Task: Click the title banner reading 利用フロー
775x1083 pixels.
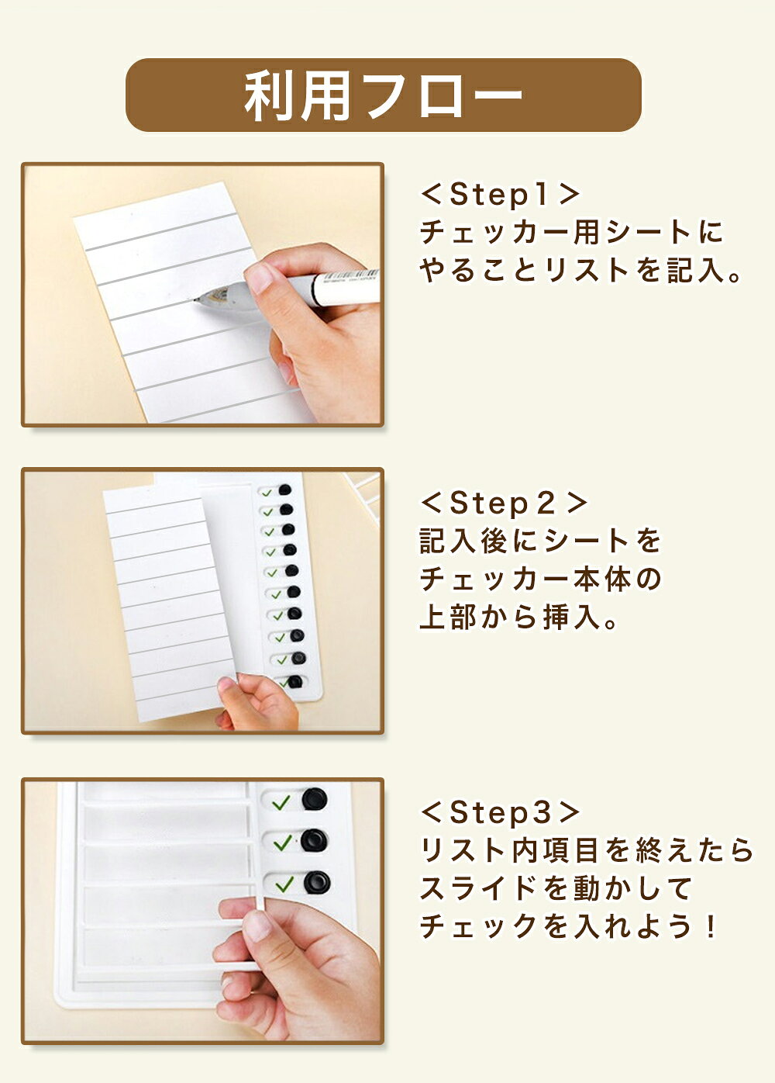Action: click(384, 95)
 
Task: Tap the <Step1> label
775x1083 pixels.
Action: click(500, 195)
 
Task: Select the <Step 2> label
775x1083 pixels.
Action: click(504, 503)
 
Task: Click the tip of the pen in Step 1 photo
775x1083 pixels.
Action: click(195, 299)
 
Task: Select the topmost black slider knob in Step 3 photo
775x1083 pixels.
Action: click(315, 798)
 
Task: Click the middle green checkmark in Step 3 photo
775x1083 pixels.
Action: click(282, 843)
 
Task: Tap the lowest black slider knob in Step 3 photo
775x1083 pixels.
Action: click(317, 882)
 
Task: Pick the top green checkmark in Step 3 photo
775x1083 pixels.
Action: click(281, 803)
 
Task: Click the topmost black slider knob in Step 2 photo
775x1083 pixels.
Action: click(285, 490)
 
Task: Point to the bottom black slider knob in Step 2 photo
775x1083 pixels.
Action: click(295, 682)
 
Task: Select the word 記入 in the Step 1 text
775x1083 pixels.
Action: click(698, 270)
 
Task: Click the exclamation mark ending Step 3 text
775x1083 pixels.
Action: click(710, 926)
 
